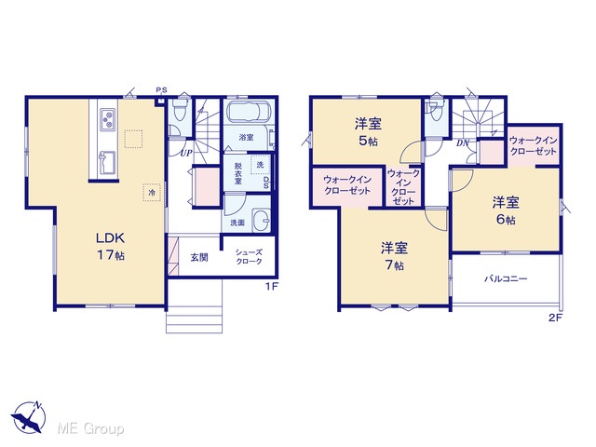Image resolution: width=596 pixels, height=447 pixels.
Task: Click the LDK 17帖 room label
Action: coord(110,246)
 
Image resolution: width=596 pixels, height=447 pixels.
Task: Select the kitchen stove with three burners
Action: coord(108,119)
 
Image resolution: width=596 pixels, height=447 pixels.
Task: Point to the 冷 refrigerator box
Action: coord(152,193)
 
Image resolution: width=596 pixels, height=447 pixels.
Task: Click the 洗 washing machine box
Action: coord(261,165)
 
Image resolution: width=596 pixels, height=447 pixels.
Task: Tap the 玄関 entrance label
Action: coord(199,257)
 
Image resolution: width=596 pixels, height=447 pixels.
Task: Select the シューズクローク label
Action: coord(249,257)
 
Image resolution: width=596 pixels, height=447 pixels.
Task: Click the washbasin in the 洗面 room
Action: coord(262,221)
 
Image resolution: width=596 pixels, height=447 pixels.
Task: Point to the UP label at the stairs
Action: coord(186,153)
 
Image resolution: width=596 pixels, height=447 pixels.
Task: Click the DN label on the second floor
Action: coord(462,143)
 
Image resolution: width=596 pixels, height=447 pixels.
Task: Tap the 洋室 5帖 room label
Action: coord(368,132)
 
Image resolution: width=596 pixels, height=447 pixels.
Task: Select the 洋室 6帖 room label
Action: coord(506,210)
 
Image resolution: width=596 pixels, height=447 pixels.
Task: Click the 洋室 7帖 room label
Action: coord(394,256)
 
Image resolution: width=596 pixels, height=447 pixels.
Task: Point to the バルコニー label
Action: coord(506,279)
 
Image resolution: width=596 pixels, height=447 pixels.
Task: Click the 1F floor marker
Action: coord(272,286)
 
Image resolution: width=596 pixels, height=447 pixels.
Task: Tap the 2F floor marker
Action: coord(555,318)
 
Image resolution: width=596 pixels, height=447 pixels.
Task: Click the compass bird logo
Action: coord(29,417)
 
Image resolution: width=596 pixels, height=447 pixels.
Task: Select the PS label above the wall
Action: coord(161,90)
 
